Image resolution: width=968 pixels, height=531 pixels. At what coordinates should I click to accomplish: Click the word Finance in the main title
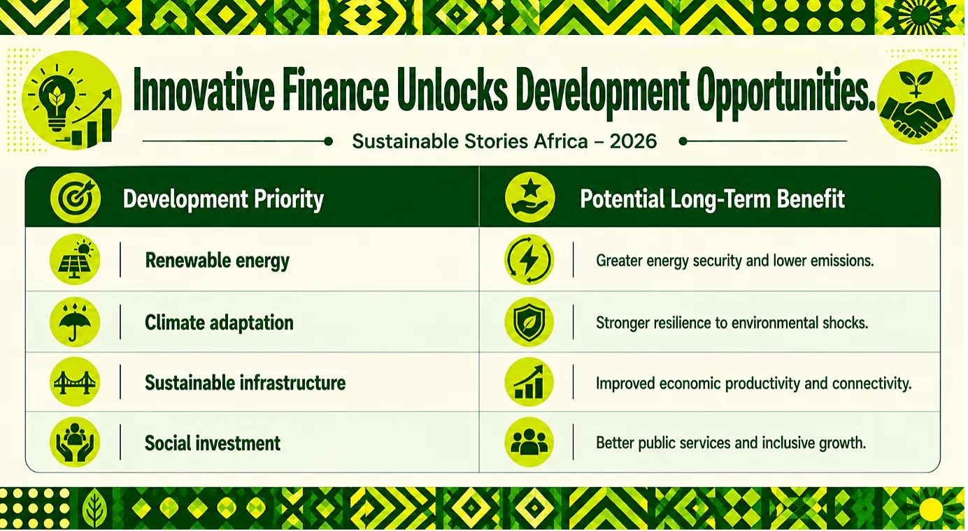click(x=336, y=90)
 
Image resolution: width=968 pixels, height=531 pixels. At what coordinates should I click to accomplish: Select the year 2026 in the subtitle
click(x=633, y=141)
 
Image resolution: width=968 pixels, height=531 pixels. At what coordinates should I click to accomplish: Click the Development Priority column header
click(x=223, y=199)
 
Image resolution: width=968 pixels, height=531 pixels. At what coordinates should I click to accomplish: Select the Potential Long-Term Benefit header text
click(x=712, y=199)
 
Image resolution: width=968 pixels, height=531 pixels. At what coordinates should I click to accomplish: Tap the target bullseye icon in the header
click(x=76, y=198)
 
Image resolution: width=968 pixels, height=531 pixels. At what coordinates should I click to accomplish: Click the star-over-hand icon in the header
click(x=529, y=197)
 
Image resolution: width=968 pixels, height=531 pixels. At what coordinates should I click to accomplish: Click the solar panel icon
click(x=75, y=259)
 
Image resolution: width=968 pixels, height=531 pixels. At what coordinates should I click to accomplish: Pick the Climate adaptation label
click(x=219, y=323)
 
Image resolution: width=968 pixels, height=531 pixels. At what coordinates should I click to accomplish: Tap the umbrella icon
click(x=75, y=322)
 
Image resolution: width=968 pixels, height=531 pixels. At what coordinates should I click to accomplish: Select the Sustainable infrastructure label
click(x=245, y=383)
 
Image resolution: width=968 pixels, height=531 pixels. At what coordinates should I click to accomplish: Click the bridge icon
click(x=75, y=382)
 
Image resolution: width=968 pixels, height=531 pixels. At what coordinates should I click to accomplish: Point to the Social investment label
click(x=212, y=444)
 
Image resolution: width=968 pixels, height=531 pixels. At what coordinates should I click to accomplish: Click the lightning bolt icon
click(x=529, y=259)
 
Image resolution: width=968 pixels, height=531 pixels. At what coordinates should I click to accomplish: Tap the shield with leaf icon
click(x=529, y=322)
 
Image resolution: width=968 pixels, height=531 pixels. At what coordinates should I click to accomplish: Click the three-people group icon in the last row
click(x=529, y=442)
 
